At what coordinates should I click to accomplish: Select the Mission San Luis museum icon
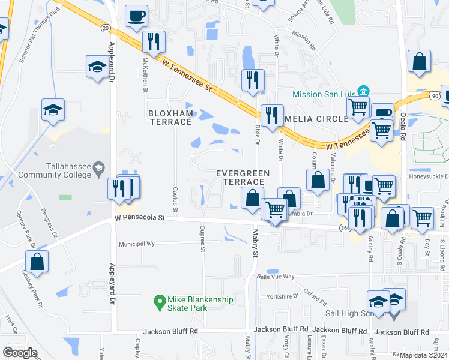click(363, 91)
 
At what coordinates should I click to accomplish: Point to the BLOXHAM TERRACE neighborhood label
click(170, 118)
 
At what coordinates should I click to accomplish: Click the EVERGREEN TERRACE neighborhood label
click(243, 177)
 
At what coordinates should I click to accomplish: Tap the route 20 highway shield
click(106, 28)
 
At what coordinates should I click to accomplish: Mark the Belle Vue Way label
click(276, 277)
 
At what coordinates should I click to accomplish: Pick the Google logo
click(20, 352)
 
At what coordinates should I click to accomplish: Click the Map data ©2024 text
click(423, 356)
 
